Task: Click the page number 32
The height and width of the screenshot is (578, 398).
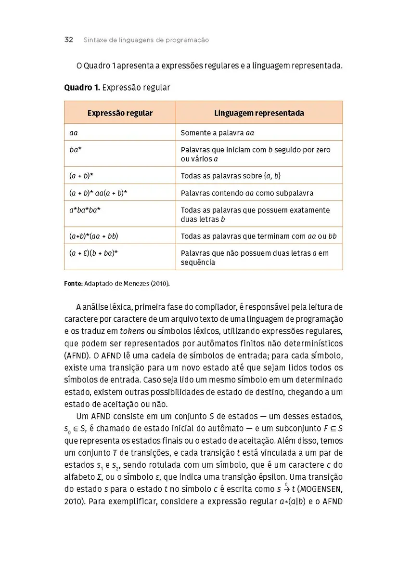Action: [x=68, y=40]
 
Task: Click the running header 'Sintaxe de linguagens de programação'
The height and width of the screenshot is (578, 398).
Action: [x=146, y=40]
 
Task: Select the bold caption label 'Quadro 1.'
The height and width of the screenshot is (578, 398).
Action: [x=82, y=88]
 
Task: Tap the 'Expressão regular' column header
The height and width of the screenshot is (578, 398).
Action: [x=120, y=113]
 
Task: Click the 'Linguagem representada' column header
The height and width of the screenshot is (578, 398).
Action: [x=259, y=113]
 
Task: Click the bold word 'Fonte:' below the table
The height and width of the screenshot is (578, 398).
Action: [x=73, y=284]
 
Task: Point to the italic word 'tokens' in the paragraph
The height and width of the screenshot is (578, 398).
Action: [x=132, y=331]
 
